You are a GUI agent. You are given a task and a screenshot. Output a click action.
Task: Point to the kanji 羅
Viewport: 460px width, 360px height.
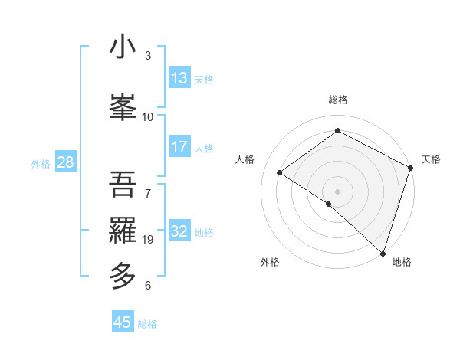pyautogui.click(x=123, y=229)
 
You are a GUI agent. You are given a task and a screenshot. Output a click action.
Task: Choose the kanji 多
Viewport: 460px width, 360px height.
pyautogui.click(x=123, y=275)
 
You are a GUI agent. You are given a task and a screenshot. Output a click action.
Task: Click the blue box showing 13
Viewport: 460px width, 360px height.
pyautogui.click(x=179, y=78)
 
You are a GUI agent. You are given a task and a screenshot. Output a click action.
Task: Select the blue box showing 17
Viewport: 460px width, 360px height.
pyautogui.click(x=179, y=148)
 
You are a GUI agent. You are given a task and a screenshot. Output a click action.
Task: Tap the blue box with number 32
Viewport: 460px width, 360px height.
pyautogui.click(x=179, y=231)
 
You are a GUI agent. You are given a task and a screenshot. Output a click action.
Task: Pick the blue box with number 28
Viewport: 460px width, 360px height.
pyautogui.click(x=65, y=162)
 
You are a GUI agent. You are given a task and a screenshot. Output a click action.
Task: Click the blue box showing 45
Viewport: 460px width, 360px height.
pyautogui.click(x=123, y=322)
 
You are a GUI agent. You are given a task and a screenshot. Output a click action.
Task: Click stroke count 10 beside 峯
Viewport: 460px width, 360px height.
pyautogui.click(x=148, y=116)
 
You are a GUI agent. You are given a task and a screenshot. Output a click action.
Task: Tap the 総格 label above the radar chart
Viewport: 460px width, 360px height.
pyautogui.click(x=337, y=100)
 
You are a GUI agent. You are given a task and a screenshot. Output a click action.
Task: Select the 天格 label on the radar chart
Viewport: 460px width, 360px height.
pyautogui.click(x=431, y=159)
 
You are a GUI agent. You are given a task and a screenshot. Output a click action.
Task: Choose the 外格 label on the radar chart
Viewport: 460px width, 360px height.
pyautogui.click(x=270, y=263)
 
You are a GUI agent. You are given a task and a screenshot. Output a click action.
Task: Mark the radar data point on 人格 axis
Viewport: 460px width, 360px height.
pyautogui.click(x=280, y=172)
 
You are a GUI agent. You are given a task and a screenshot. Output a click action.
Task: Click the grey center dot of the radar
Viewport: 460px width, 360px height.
pyautogui.click(x=337, y=191)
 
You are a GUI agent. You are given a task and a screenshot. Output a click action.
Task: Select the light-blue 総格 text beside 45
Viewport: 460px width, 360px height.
pyautogui.click(x=147, y=324)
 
